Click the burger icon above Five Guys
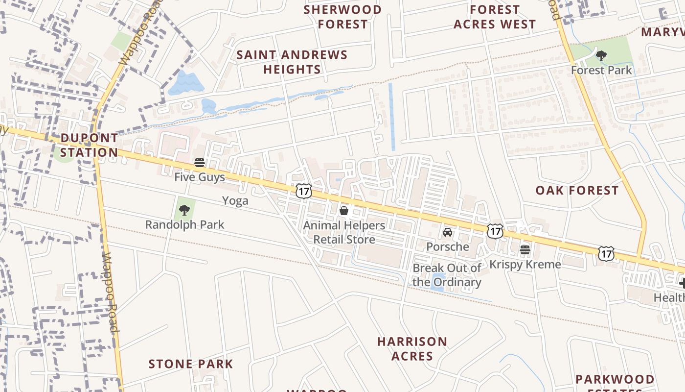pos(200,162)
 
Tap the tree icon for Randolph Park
pos(184,210)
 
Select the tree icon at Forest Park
pos(601,56)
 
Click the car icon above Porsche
pos(447,232)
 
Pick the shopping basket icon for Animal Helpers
pos(344,211)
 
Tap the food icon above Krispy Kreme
pos(525,250)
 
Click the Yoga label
pos(235,201)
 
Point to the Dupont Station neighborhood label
pos(89,145)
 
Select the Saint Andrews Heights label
pos(292,62)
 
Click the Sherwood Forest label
pos(342,17)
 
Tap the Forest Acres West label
pos(495,17)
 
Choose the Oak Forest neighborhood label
pos(577,191)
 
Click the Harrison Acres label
pos(412,348)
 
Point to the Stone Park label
pos(191,364)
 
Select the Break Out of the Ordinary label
pos(447,275)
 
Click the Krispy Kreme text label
pos(525,265)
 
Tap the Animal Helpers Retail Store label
pos(344,232)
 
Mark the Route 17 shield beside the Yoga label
pos(304,191)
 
